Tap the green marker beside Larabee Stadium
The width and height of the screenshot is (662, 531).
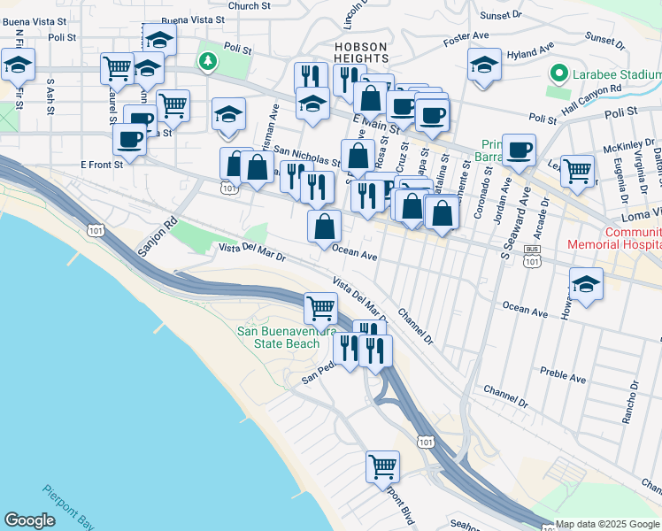point(558,73)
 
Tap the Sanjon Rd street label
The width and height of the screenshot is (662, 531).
point(158,238)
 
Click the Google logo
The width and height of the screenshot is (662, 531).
point(29,520)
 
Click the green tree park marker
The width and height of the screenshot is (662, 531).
point(207,61)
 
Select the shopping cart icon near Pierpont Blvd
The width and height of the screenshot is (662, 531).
point(382,465)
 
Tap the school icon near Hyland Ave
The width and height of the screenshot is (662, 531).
point(484,64)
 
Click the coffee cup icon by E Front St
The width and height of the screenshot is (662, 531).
point(129,139)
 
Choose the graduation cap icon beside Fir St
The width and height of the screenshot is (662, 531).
point(18,64)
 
